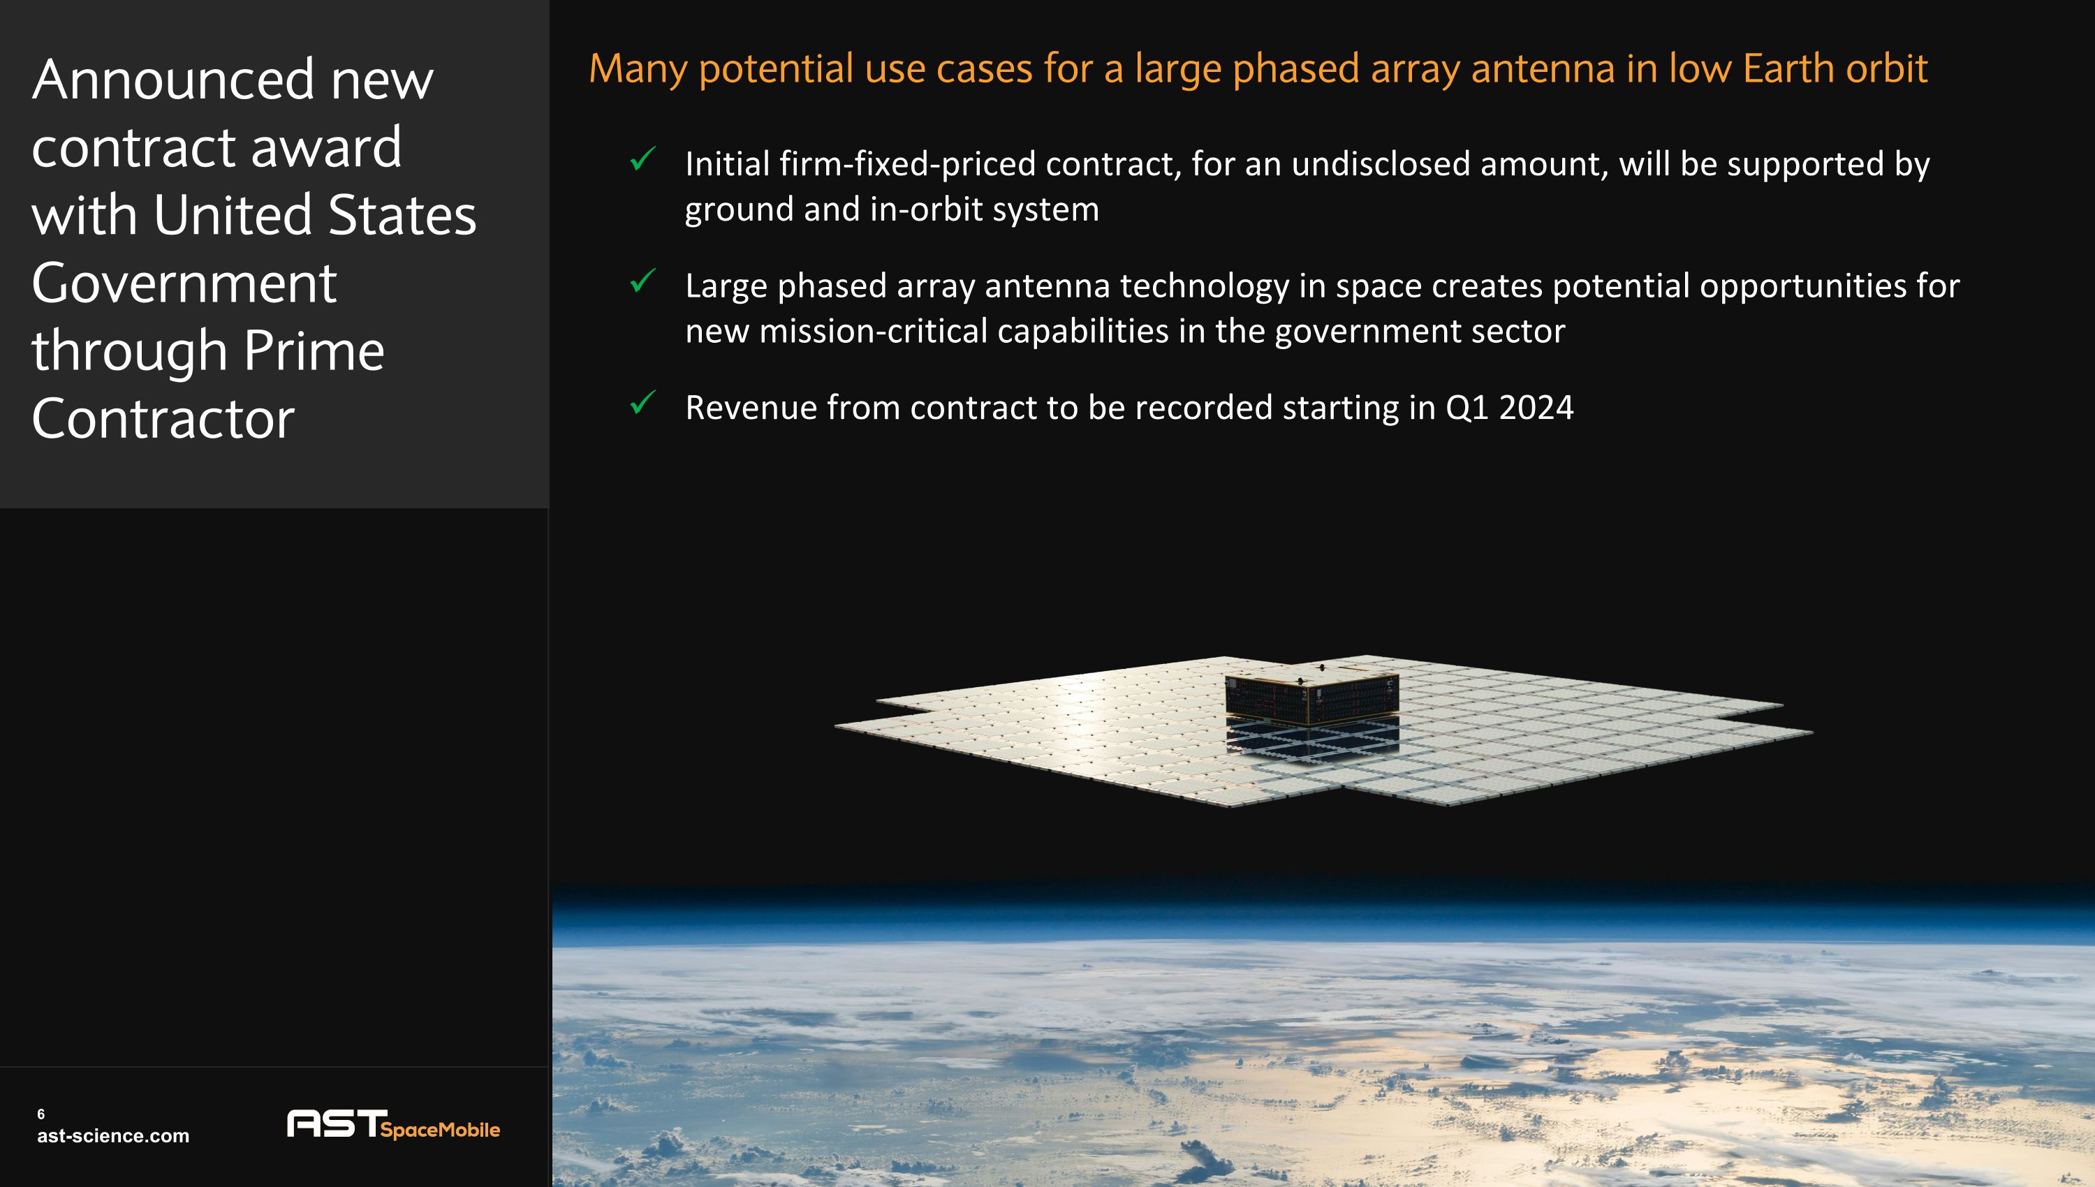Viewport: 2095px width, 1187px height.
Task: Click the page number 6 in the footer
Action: pos(41,1114)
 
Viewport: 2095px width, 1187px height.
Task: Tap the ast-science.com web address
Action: pos(113,1135)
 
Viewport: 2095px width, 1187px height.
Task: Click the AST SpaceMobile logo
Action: pos(393,1124)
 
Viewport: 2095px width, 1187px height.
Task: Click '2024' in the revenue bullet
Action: pos(1536,408)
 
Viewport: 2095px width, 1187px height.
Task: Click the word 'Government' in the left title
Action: pos(184,283)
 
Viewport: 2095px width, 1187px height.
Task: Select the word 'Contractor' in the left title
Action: pos(163,419)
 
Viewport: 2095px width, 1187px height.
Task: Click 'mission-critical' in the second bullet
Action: pos(873,332)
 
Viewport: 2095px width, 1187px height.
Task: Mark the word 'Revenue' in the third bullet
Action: pos(751,408)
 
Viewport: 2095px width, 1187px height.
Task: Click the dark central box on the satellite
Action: pos(1311,697)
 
